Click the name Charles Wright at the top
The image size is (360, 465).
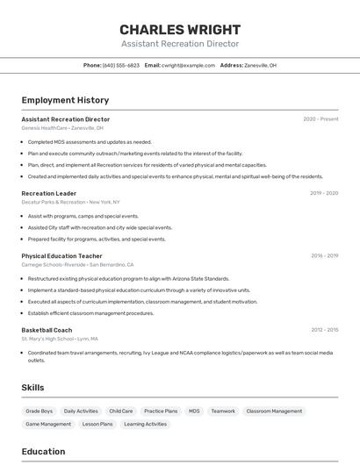(179, 29)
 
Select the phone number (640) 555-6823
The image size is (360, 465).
(121, 65)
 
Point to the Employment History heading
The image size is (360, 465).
(65, 100)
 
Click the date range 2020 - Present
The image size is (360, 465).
(320, 119)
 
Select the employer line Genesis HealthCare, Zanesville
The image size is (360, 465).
(62, 128)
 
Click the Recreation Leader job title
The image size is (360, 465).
(49, 193)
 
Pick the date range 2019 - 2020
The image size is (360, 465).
(323, 193)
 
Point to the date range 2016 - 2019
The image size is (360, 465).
(324, 255)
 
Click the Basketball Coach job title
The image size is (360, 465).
(47, 330)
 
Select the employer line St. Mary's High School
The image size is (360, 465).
(60, 339)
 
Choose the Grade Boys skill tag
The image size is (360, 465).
(40, 411)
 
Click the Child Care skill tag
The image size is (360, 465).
(121, 411)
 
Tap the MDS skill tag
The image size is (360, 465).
(194, 411)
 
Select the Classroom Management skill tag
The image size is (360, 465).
(274, 411)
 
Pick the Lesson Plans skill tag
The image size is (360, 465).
(97, 424)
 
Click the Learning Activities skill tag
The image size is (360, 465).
(146, 424)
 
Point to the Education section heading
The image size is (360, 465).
(43, 452)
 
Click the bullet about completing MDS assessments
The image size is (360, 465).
(90, 142)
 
